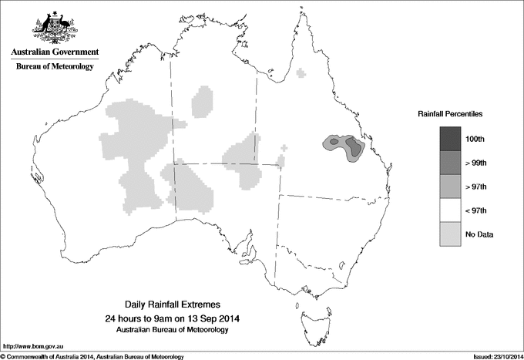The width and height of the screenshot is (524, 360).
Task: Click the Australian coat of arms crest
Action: [x=55, y=28]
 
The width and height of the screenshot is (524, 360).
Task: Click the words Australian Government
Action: [x=55, y=52]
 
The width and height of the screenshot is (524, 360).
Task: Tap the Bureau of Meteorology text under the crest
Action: [x=55, y=67]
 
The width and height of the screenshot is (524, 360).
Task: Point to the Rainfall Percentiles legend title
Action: [x=450, y=114]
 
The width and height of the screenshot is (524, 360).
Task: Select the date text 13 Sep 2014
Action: [x=208, y=318]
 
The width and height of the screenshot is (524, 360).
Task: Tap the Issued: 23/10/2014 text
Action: [x=492, y=356]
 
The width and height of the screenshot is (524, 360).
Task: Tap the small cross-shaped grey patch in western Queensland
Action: [x=286, y=147]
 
